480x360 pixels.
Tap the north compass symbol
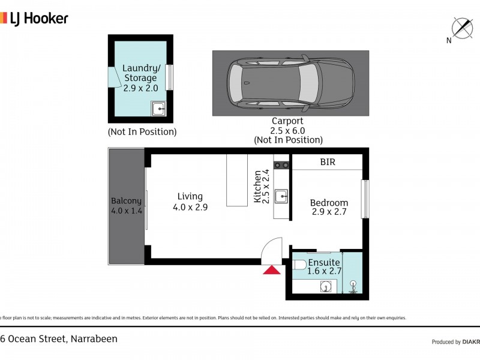point(461,28)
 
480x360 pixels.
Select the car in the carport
point(290,83)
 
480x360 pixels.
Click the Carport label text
point(287,121)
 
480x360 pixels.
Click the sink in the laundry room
point(158,109)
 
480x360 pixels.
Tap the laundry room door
point(112,77)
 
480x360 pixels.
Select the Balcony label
point(126,206)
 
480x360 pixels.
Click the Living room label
point(190,202)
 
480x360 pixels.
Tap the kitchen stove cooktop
point(281,164)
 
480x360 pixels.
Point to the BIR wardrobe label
point(327,162)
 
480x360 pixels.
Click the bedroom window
point(365,199)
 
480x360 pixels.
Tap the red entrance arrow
point(272,270)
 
